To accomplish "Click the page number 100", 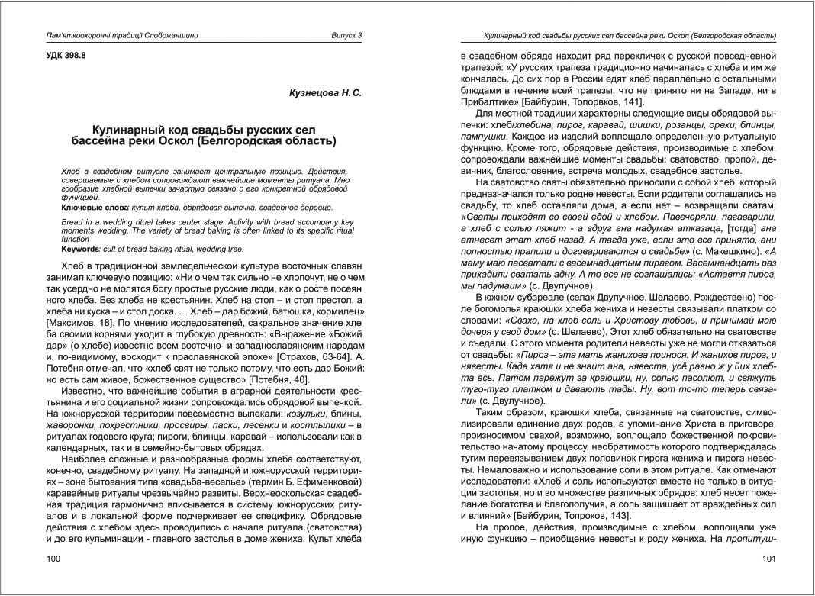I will click(x=54, y=559).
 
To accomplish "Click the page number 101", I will click(x=769, y=559).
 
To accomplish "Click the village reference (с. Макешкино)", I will click(x=680, y=250).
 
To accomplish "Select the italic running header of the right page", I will click(x=630, y=36).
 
